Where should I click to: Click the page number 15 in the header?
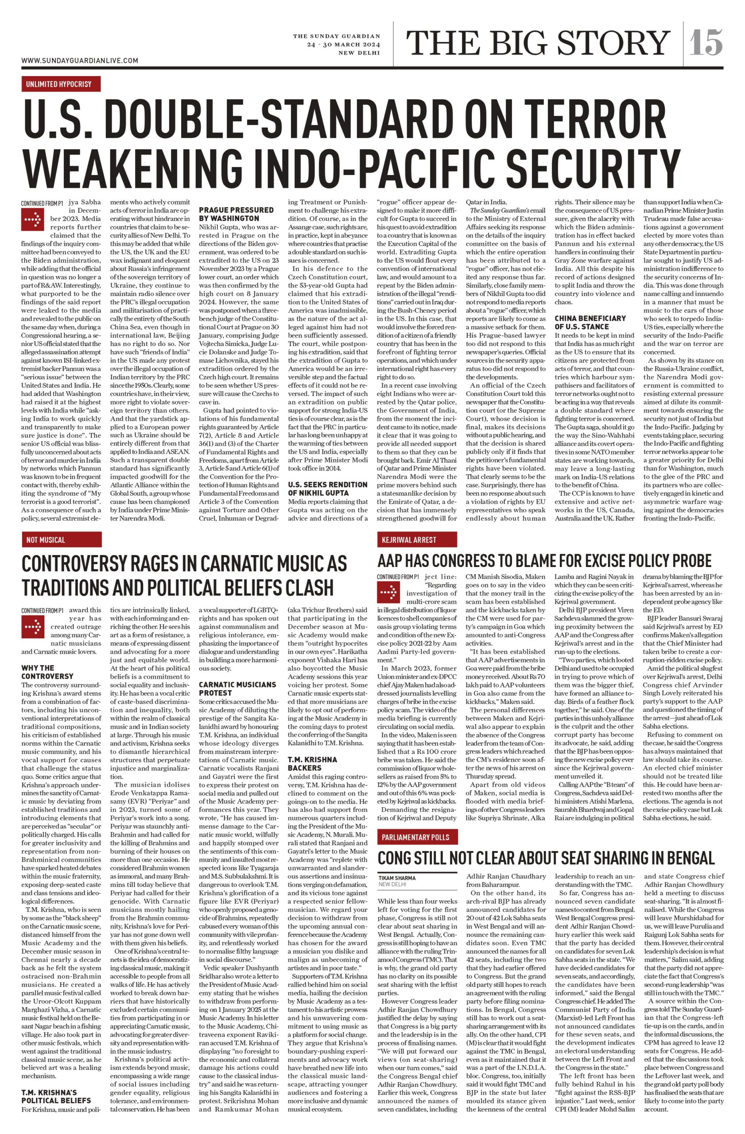[706, 43]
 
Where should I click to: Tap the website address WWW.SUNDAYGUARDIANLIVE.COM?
[80, 61]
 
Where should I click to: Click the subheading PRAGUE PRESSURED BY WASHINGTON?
[236, 214]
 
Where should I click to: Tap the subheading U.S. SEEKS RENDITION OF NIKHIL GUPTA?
[327, 489]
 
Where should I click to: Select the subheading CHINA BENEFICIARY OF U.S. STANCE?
[590, 322]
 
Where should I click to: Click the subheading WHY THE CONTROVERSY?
[47, 672]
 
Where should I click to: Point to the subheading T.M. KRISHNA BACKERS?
[312, 763]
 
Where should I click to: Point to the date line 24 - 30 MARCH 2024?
[343, 45]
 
